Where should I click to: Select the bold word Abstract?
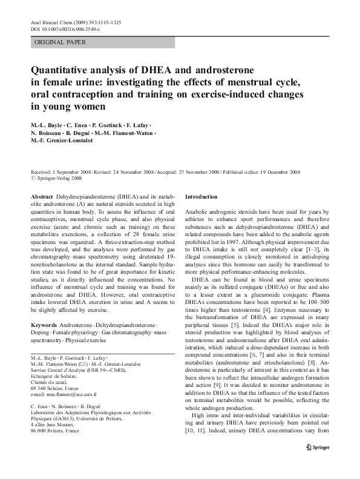pyautogui.click(x=42, y=197)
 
